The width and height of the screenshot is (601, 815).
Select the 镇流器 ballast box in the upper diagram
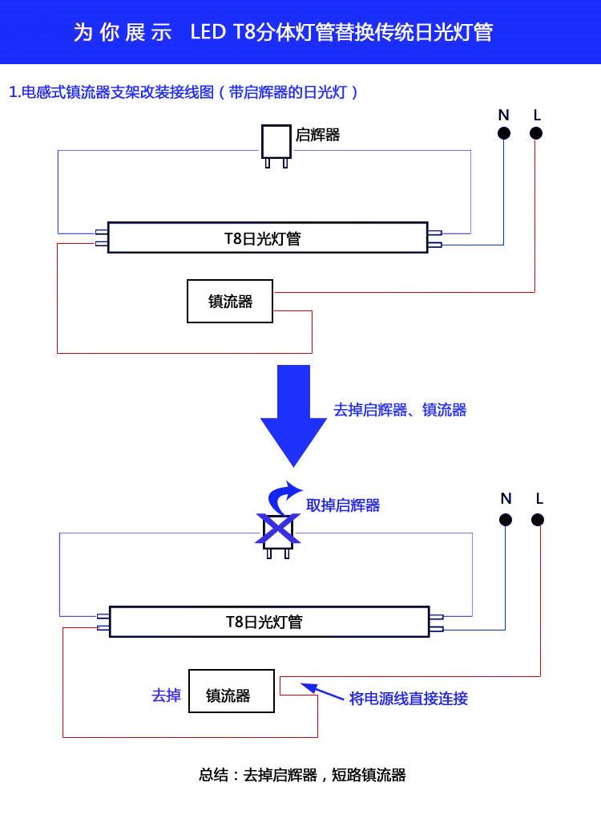pyautogui.click(x=230, y=301)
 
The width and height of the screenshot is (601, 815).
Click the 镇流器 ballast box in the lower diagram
pyautogui.click(x=231, y=691)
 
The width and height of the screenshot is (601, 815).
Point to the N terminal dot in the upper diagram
pyautogui.click(x=504, y=134)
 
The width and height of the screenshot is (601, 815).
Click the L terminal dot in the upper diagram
pyautogui.click(x=536, y=134)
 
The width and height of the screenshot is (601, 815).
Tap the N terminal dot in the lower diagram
pyautogui.click(x=506, y=519)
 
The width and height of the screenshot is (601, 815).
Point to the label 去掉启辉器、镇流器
pyautogui.click(x=400, y=410)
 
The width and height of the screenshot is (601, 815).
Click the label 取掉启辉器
pyautogui.click(x=343, y=505)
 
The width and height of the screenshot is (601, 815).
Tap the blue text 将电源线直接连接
pyautogui.click(x=409, y=698)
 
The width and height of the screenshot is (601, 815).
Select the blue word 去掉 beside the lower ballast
pyautogui.click(x=166, y=695)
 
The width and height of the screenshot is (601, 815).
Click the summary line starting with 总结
pyautogui.click(x=302, y=775)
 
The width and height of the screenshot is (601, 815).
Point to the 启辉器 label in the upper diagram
pyautogui.click(x=318, y=135)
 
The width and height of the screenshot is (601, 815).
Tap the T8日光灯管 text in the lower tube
pyautogui.click(x=264, y=622)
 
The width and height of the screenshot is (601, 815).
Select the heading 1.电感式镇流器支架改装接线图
pyautogui.click(x=184, y=91)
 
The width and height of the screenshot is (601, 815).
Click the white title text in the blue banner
pyautogui.click(x=283, y=32)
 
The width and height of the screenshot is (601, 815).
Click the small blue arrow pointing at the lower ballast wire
pyautogui.click(x=321, y=691)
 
